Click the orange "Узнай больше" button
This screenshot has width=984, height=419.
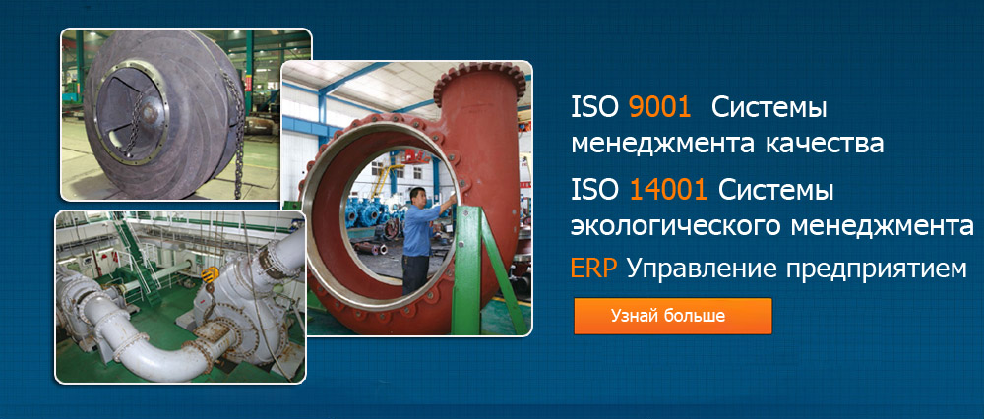tap(673, 316)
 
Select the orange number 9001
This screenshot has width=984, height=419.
tap(659, 108)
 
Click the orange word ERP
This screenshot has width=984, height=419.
tap(594, 269)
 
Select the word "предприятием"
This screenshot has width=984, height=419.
tap(876, 270)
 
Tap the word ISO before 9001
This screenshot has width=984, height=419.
tap(594, 108)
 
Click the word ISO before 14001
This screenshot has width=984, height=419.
tap(594, 190)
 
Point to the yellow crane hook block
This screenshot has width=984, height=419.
tap(211, 274)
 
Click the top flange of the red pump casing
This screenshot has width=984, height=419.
tap(479, 76)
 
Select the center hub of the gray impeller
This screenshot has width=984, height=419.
tap(150, 112)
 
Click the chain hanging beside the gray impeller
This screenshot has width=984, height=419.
tap(236, 132)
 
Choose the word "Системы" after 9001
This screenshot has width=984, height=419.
tap(769, 108)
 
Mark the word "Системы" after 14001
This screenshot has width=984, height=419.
tap(776, 190)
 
